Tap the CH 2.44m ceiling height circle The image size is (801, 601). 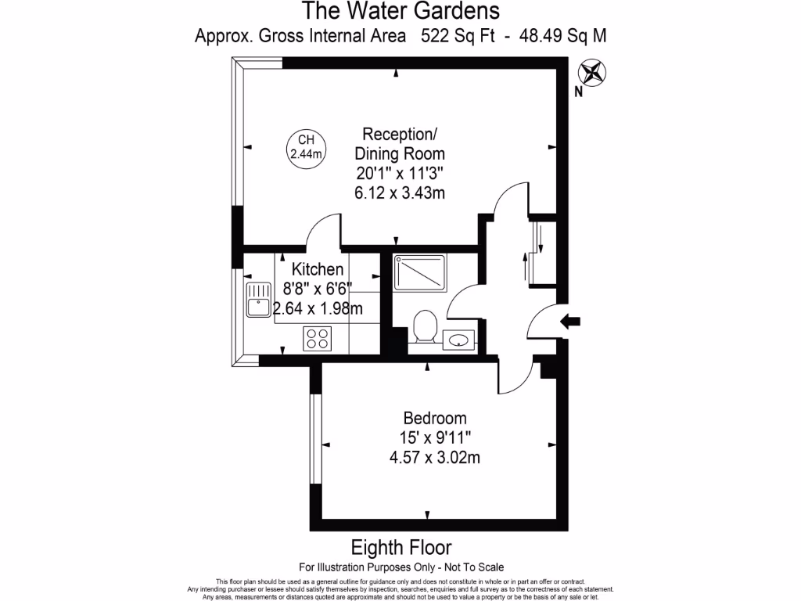tap(306, 147)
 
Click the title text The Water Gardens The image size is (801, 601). tap(400, 11)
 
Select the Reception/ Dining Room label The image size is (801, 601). tap(400, 143)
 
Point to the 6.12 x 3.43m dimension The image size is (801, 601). tap(400, 193)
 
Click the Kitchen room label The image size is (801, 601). tap(318, 270)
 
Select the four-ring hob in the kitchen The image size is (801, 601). tap(317, 338)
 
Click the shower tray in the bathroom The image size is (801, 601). tap(420, 272)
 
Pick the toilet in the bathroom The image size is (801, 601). tap(425, 326)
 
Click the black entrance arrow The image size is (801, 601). tap(570, 320)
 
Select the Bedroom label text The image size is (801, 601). tap(435, 418)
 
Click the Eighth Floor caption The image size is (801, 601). tap(400, 547)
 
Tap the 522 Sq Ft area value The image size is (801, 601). tap(458, 35)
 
